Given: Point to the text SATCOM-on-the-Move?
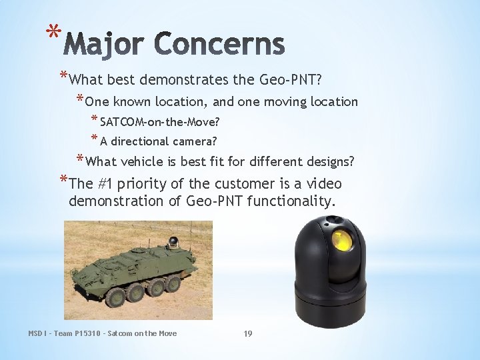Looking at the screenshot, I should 160,123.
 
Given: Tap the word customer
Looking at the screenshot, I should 257,183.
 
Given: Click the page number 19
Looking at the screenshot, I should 247,333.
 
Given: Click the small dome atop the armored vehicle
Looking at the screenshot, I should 173,241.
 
